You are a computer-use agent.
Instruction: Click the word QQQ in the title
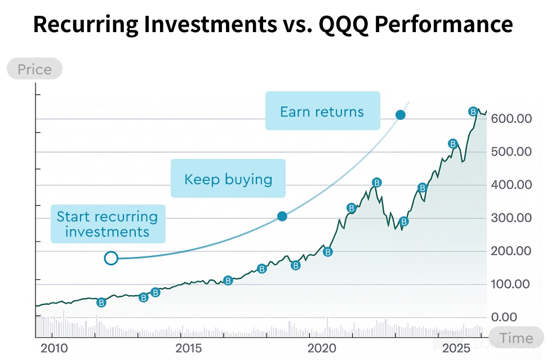(x=350, y=24)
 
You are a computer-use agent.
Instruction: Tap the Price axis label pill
(x=34, y=69)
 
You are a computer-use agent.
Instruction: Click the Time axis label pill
(x=516, y=338)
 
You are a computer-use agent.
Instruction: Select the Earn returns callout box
(x=322, y=111)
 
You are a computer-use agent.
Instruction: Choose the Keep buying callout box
(x=228, y=179)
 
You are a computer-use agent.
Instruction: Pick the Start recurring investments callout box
(x=108, y=224)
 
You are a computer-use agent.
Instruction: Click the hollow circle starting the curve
(x=111, y=258)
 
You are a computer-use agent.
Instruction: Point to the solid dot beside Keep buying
(x=282, y=216)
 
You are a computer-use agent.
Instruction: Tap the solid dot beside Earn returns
(x=401, y=115)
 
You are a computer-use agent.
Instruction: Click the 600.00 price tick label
(x=512, y=119)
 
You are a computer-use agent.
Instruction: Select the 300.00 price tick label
(x=512, y=218)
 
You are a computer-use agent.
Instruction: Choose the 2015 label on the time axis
(x=188, y=348)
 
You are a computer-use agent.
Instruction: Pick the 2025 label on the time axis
(x=456, y=348)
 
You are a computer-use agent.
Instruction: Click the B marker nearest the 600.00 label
(x=473, y=112)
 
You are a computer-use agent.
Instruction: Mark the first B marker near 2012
(x=101, y=303)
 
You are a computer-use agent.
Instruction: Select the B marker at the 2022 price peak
(x=377, y=182)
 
